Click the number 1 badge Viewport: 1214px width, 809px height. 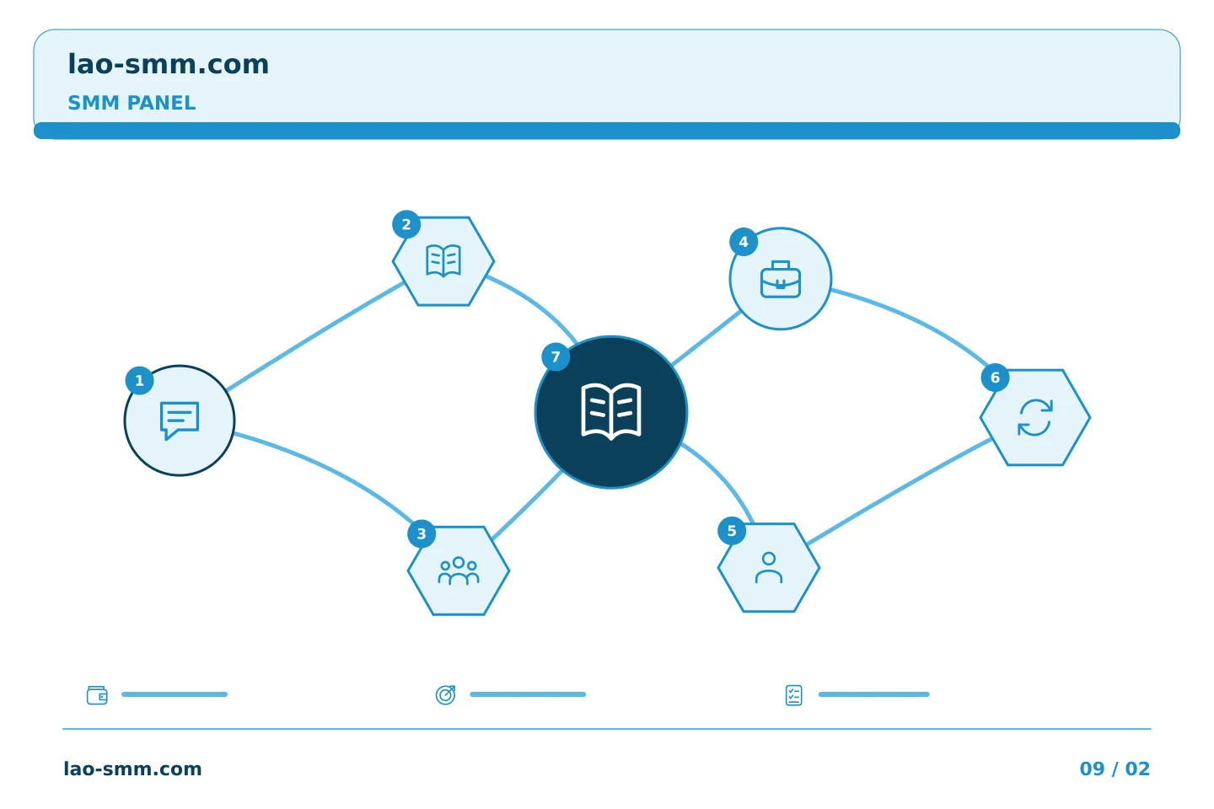pyautogui.click(x=139, y=380)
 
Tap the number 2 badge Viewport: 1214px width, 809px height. pyautogui.click(x=406, y=224)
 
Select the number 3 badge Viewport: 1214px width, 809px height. pyautogui.click(x=422, y=533)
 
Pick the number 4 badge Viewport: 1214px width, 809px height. pyautogui.click(x=744, y=242)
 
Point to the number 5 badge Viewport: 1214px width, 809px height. pyautogui.click(x=732, y=531)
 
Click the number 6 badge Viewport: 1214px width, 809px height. pyautogui.click(x=995, y=378)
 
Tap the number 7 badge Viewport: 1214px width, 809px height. pyautogui.click(x=556, y=356)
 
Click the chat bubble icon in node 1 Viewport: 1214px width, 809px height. pyautogui.click(x=180, y=421)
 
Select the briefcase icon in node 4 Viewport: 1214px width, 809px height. pyautogui.click(x=781, y=279)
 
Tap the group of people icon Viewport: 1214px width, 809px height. pyautogui.click(x=459, y=571)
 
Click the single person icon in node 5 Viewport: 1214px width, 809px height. pyautogui.click(x=769, y=567)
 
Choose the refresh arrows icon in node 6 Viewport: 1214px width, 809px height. pyautogui.click(x=1035, y=417)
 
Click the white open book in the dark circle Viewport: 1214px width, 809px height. pyautogui.click(x=610, y=411)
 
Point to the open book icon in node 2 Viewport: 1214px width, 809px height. pyautogui.click(x=443, y=260)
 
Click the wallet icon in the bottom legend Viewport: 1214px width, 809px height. pyautogui.click(x=97, y=695)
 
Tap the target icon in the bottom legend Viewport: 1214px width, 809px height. pyautogui.click(x=445, y=694)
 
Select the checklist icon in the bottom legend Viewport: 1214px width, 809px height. pyautogui.click(x=793, y=695)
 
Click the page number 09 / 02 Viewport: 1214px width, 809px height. pyautogui.click(x=1115, y=769)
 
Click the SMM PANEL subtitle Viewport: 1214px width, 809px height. pyautogui.click(x=132, y=103)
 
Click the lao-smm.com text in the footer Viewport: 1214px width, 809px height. pyautogui.click(x=132, y=769)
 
